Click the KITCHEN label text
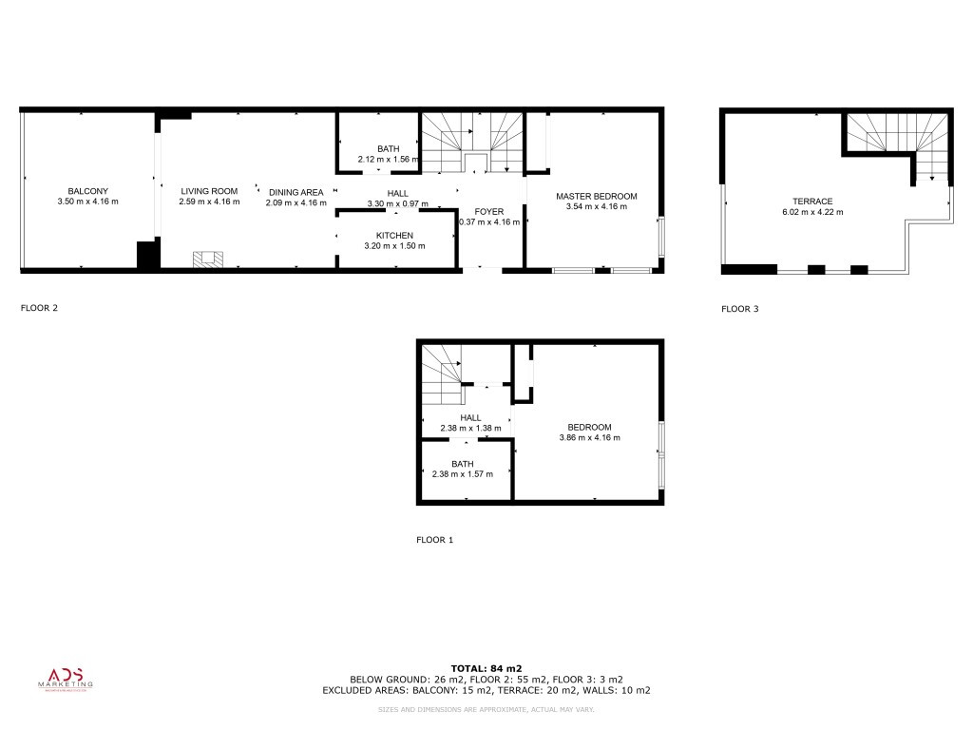coord(394,235)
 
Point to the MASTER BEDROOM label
coord(596,196)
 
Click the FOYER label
coord(489,211)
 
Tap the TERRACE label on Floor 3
coord(812,202)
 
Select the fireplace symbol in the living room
coord(209,258)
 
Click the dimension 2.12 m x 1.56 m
coord(389,159)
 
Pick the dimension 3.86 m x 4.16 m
coord(589,437)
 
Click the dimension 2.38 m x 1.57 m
coord(463,474)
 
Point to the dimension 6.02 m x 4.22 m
coord(812,212)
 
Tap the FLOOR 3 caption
coord(740,308)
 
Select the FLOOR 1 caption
coord(435,540)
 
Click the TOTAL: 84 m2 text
coord(486,668)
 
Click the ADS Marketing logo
coord(66,677)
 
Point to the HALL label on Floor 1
coord(470,417)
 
